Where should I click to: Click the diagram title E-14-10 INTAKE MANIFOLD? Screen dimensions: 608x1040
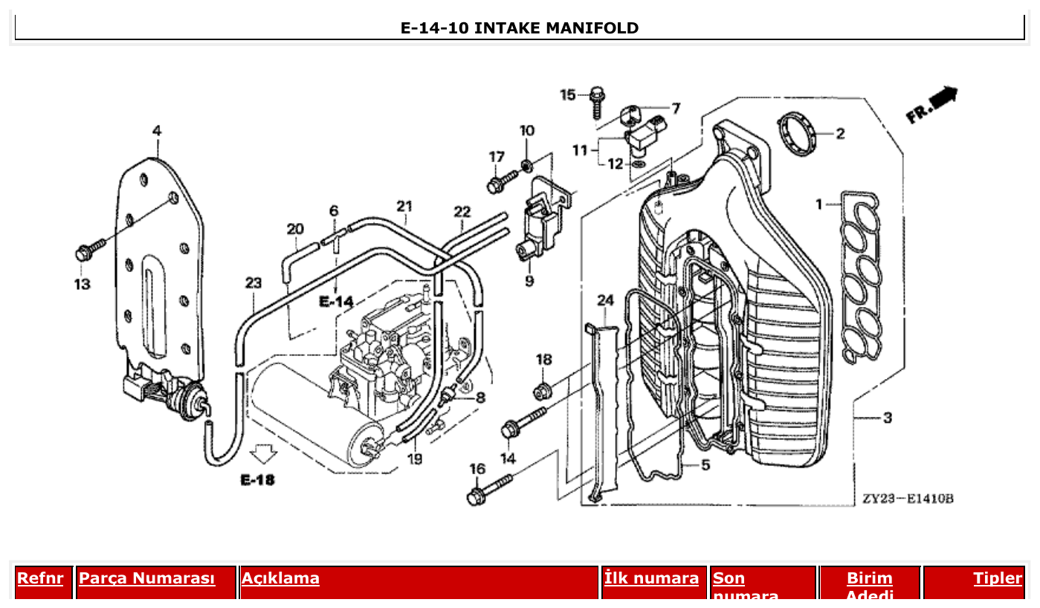point(519,28)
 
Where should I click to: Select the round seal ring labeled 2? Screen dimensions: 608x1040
point(796,134)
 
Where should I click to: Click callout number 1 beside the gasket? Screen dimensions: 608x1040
point(819,204)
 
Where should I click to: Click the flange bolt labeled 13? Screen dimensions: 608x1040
point(87,250)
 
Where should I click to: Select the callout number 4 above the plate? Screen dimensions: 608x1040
point(157,131)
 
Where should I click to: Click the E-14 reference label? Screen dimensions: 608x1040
point(336,302)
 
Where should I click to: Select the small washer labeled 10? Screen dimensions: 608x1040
point(526,164)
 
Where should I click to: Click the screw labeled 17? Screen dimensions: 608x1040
point(502,181)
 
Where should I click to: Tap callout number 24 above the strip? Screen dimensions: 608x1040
point(606,300)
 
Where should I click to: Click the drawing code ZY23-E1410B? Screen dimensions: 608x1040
point(908,499)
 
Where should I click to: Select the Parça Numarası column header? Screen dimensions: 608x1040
point(146,578)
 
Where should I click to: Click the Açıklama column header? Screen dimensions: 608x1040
point(280,578)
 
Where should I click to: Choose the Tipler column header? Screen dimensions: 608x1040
point(998,578)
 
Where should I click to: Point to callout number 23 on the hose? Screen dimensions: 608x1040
point(253,283)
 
